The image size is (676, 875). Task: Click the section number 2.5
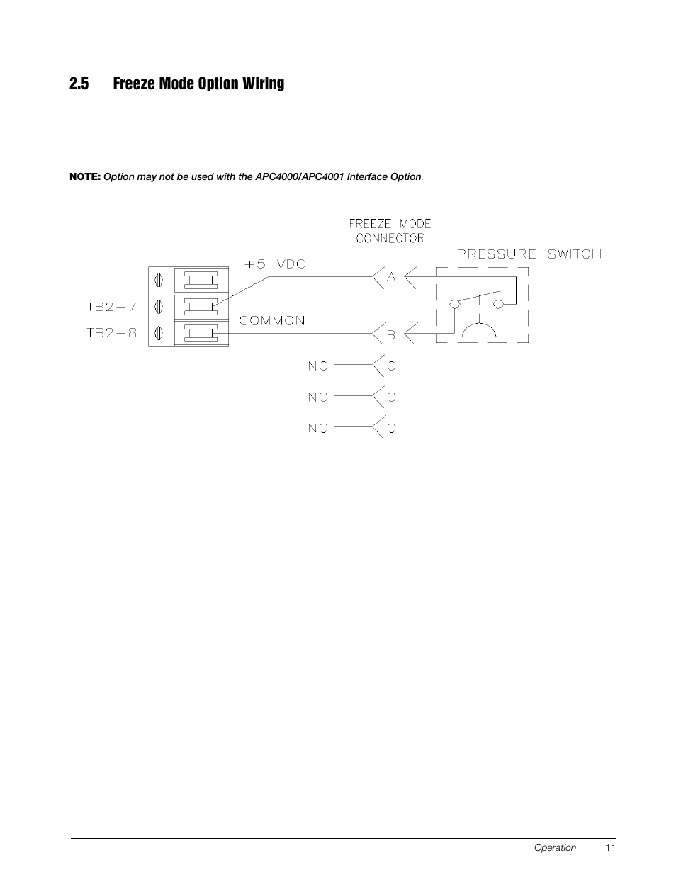(79, 84)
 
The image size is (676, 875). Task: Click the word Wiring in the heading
(263, 84)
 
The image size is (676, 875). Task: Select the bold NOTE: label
(85, 176)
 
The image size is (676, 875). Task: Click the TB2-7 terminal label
(111, 307)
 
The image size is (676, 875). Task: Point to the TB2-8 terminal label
(111, 332)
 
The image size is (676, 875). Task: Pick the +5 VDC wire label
(275, 264)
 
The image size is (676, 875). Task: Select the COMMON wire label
(272, 320)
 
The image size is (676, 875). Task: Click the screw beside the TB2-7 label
(159, 307)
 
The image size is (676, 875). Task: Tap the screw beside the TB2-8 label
(159, 332)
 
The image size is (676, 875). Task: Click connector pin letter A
(390, 277)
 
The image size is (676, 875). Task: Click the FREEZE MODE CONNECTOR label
(390, 231)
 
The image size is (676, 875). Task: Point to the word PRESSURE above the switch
(495, 254)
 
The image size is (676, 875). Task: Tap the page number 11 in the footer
(611, 847)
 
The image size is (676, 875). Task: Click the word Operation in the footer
(555, 847)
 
